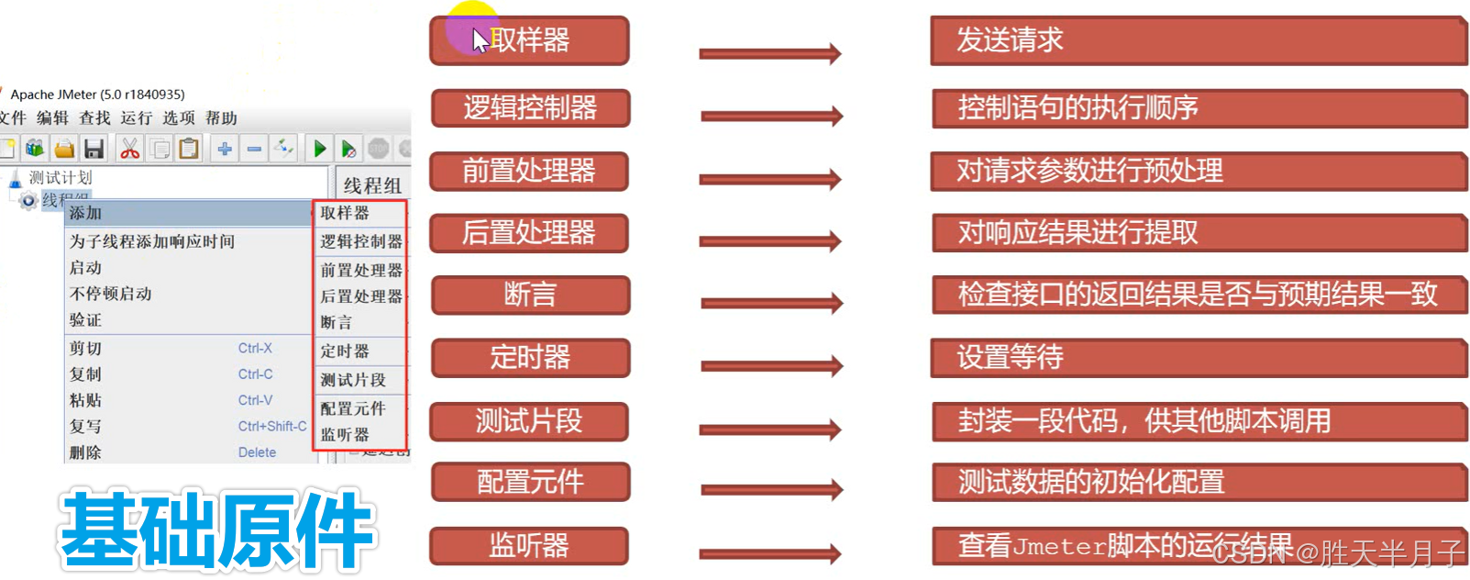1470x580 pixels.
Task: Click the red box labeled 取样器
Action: pos(529,40)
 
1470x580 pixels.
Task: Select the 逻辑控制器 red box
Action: pos(530,108)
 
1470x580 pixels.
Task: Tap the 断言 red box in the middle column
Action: pos(530,295)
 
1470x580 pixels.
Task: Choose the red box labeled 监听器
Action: pos(529,546)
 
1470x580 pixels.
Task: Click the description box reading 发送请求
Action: pos(1198,40)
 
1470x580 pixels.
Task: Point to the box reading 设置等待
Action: pos(1198,357)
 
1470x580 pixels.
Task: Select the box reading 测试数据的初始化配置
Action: pos(1198,482)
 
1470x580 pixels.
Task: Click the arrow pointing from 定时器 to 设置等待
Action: pos(770,366)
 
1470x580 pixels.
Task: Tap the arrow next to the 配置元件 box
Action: pos(770,489)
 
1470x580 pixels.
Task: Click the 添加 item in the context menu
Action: pos(86,213)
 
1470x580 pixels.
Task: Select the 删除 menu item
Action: pos(86,452)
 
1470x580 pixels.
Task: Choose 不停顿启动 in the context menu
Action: pos(111,294)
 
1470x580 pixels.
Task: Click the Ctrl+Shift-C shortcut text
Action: pos(272,427)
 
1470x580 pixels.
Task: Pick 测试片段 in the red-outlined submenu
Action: pos(353,380)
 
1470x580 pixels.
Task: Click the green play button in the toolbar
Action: pos(319,149)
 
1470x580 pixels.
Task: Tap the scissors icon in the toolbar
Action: pos(129,149)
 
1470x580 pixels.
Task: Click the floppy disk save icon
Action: pos(94,149)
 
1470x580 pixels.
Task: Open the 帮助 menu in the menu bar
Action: pos(221,118)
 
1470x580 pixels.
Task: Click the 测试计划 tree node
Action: pos(61,178)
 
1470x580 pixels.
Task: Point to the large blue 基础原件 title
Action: pos(216,530)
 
